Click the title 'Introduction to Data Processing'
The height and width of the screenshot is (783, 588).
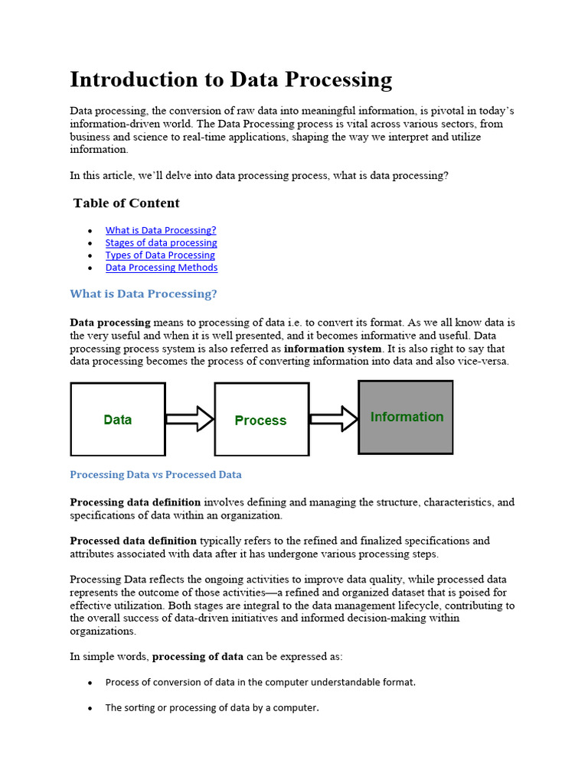pyautogui.click(x=230, y=80)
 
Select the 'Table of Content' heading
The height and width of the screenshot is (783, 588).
pyautogui.click(x=126, y=203)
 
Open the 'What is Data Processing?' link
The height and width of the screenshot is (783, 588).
pyautogui.click(x=161, y=230)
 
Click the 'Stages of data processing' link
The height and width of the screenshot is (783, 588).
pyautogui.click(x=161, y=242)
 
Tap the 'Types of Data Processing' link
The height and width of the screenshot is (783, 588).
pyautogui.click(x=160, y=255)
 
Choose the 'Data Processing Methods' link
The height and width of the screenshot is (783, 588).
pyautogui.click(x=162, y=268)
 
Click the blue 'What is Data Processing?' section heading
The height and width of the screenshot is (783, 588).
pyautogui.click(x=143, y=294)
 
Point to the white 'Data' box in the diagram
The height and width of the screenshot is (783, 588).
pyautogui.click(x=118, y=419)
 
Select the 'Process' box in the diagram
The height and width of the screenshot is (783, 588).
pyautogui.click(x=261, y=420)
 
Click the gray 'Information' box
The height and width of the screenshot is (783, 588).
pyautogui.click(x=406, y=417)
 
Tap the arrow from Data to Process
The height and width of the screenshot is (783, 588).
pyautogui.click(x=190, y=419)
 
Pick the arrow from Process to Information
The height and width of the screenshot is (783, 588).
pyautogui.click(x=334, y=418)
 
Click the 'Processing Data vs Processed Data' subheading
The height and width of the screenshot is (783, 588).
pyautogui.click(x=155, y=475)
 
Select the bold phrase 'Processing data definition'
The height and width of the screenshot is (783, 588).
pyautogui.click(x=136, y=502)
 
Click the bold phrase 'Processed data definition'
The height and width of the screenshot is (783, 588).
pyautogui.click(x=133, y=541)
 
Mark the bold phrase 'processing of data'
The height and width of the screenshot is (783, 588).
pyautogui.click(x=198, y=656)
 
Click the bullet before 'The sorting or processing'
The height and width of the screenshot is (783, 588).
pyautogui.click(x=90, y=709)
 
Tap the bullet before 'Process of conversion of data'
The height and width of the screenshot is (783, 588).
pyautogui.click(x=90, y=683)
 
